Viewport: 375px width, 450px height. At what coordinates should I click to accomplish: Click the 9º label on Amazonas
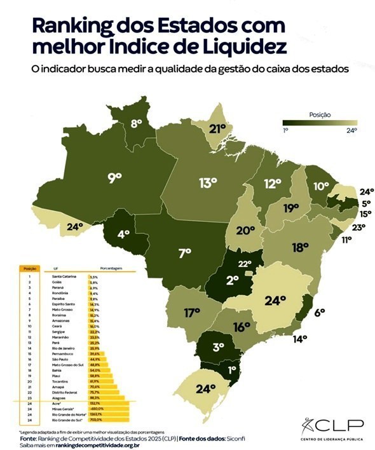pos(114,179)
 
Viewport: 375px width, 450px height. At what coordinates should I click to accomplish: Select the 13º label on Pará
pos(208,184)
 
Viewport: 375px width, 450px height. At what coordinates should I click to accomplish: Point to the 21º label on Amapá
pos(218,129)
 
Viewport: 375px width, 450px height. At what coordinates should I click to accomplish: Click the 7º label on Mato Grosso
pos(185,253)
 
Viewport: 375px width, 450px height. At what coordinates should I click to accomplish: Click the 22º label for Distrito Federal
pos(245,264)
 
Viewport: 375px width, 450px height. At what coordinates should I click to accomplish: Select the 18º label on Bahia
pos(300,247)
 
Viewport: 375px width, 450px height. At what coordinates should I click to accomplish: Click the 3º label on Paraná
pos(217,347)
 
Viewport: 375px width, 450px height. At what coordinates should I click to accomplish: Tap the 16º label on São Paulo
pos(240,327)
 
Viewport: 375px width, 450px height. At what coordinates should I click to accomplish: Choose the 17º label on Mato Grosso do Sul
pos(192,313)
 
